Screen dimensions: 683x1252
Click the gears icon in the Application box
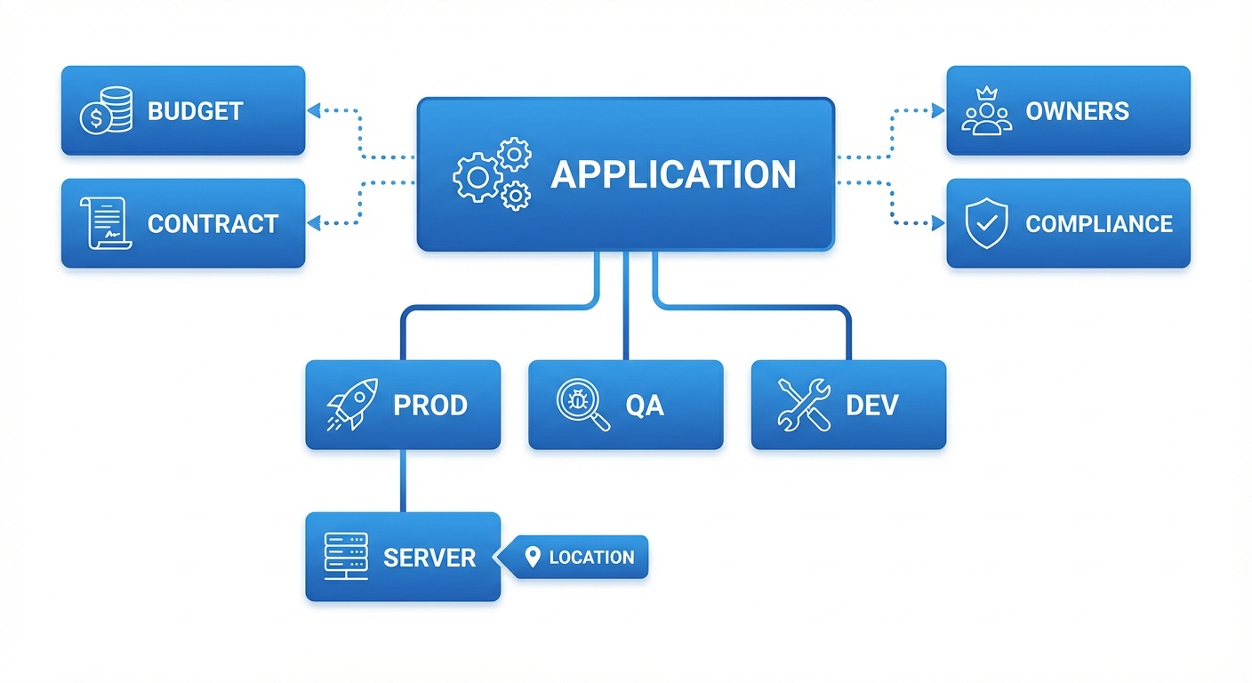[x=492, y=174]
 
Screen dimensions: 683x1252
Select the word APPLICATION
[x=673, y=175]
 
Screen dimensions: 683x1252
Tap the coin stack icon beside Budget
[x=106, y=111]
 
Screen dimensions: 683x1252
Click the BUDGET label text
[x=195, y=111]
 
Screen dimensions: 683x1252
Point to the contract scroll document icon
[x=105, y=223]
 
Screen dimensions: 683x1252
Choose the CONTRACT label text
[x=213, y=224]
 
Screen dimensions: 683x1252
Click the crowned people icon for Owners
[x=987, y=111]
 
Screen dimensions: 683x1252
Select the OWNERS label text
[x=1077, y=111]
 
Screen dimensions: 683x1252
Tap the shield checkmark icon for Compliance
[x=987, y=223]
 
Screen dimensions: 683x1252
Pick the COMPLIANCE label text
[x=1099, y=224]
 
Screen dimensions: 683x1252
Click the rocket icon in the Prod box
[x=352, y=405]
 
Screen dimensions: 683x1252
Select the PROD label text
[x=430, y=406]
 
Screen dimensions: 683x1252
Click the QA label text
[x=645, y=406]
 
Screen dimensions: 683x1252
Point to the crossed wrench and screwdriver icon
[x=803, y=405]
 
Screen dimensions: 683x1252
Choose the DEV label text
[x=871, y=406]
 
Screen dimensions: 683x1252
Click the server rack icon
[x=346, y=557]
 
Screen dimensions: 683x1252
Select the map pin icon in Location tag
[x=533, y=558]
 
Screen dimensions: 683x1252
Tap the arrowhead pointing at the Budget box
[x=312, y=110]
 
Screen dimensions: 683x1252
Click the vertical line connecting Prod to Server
[x=403, y=480]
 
